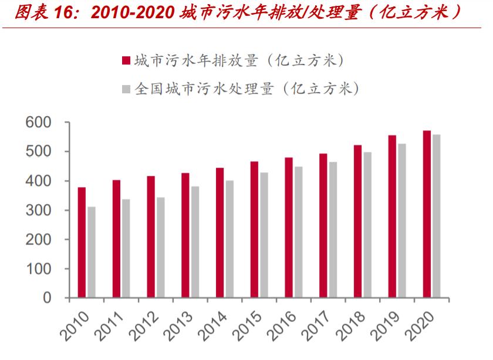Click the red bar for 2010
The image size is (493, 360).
pos(82,243)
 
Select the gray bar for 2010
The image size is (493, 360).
pos(92,252)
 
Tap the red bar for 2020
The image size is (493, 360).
pos(427,214)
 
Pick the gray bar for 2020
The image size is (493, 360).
pos(436,216)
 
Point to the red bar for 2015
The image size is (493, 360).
pos(254,229)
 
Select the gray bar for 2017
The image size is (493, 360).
pos(333,230)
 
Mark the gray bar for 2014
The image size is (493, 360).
pos(229,239)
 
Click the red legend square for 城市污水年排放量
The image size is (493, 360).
pos(125,61)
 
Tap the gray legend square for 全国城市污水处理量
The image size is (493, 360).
pos(125,89)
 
